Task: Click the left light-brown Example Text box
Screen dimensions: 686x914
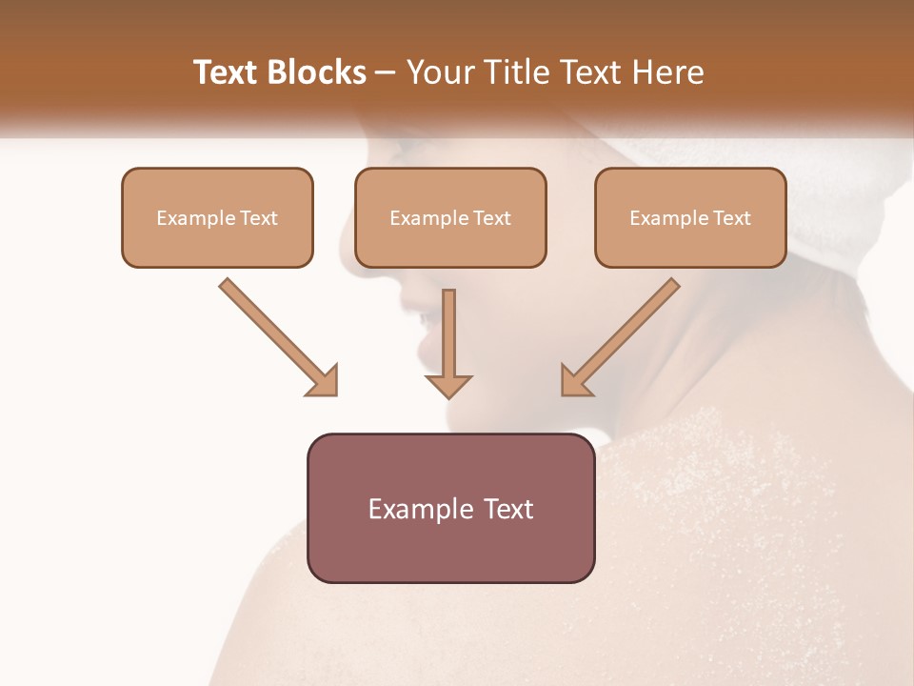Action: [x=217, y=217]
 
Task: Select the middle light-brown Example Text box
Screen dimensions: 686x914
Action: [x=450, y=217]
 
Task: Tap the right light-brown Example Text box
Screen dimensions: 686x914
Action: [x=690, y=217]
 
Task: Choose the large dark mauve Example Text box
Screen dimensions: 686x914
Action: [x=450, y=508]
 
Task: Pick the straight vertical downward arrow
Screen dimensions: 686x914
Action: [x=448, y=338]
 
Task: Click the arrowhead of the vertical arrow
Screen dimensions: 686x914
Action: [x=448, y=385]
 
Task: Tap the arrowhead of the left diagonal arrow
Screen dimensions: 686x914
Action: [x=324, y=381]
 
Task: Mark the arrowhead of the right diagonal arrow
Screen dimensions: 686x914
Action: [x=575, y=381]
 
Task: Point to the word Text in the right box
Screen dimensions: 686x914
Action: [x=732, y=218]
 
